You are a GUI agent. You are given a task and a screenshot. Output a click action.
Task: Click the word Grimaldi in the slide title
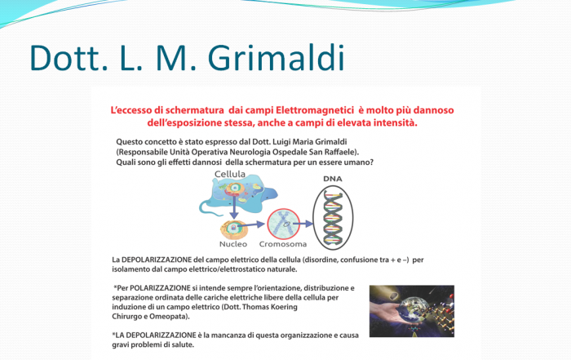(x=276, y=58)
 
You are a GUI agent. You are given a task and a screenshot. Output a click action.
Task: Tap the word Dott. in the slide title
(x=69, y=58)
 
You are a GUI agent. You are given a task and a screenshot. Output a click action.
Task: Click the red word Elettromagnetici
(x=315, y=110)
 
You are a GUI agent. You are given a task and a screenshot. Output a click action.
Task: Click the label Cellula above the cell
(x=230, y=174)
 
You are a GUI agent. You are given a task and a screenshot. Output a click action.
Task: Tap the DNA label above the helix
(x=333, y=179)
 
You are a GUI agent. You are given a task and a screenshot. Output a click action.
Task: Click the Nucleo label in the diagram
(x=233, y=244)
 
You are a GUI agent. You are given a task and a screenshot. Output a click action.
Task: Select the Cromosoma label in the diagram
(x=283, y=244)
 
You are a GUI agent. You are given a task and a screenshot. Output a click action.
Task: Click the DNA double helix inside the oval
(x=333, y=217)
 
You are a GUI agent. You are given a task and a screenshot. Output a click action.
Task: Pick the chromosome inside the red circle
(x=283, y=224)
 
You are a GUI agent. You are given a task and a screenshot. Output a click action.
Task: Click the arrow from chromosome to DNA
(x=303, y=224)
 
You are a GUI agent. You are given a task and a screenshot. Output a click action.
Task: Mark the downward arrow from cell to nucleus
(x=234, y=207)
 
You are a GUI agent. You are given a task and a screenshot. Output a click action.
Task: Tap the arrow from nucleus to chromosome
(x=251, y=225)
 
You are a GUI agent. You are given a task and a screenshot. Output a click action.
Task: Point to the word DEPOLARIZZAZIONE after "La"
(x=157, y=260)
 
